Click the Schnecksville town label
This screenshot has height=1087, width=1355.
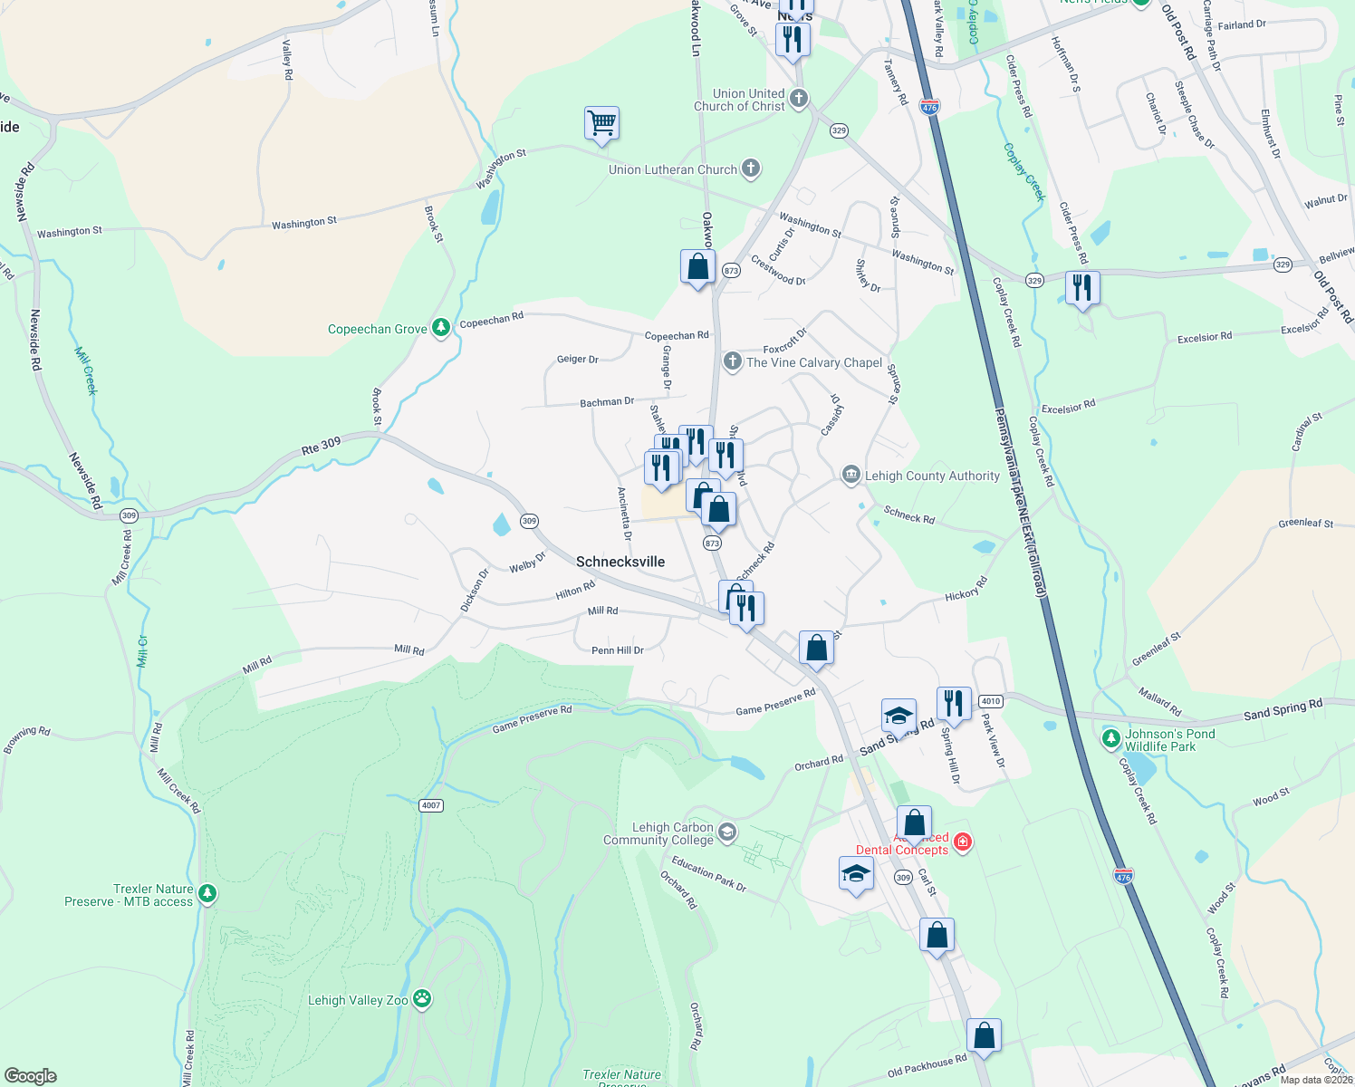[620, 562]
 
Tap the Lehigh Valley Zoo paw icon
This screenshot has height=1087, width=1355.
[422, 999]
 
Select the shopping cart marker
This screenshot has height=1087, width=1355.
[602, 122]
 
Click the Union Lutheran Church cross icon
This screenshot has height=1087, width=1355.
[750, 168]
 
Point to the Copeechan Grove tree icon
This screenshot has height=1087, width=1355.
[441, 328]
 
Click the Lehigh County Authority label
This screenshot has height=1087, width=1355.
[932, 476]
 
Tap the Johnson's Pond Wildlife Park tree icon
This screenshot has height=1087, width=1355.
[1111, 739]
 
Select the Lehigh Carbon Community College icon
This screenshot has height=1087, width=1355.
[726, 832]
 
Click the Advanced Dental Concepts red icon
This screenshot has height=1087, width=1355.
[963, 842]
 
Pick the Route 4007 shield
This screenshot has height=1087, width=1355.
[431, 805]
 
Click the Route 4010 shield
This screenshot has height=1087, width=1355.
[991, 701]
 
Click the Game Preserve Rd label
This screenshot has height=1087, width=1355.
[532, 718]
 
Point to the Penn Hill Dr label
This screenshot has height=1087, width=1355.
[617, 650]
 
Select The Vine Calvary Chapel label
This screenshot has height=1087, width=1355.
[813, 362]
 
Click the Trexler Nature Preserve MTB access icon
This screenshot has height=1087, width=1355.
[207, 894]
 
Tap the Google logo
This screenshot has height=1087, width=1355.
[30, 1076]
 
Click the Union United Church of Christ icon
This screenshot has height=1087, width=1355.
[798, 98]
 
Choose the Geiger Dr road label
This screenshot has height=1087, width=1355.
[577, 360]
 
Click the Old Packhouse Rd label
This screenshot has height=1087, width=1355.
[927, 1066]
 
